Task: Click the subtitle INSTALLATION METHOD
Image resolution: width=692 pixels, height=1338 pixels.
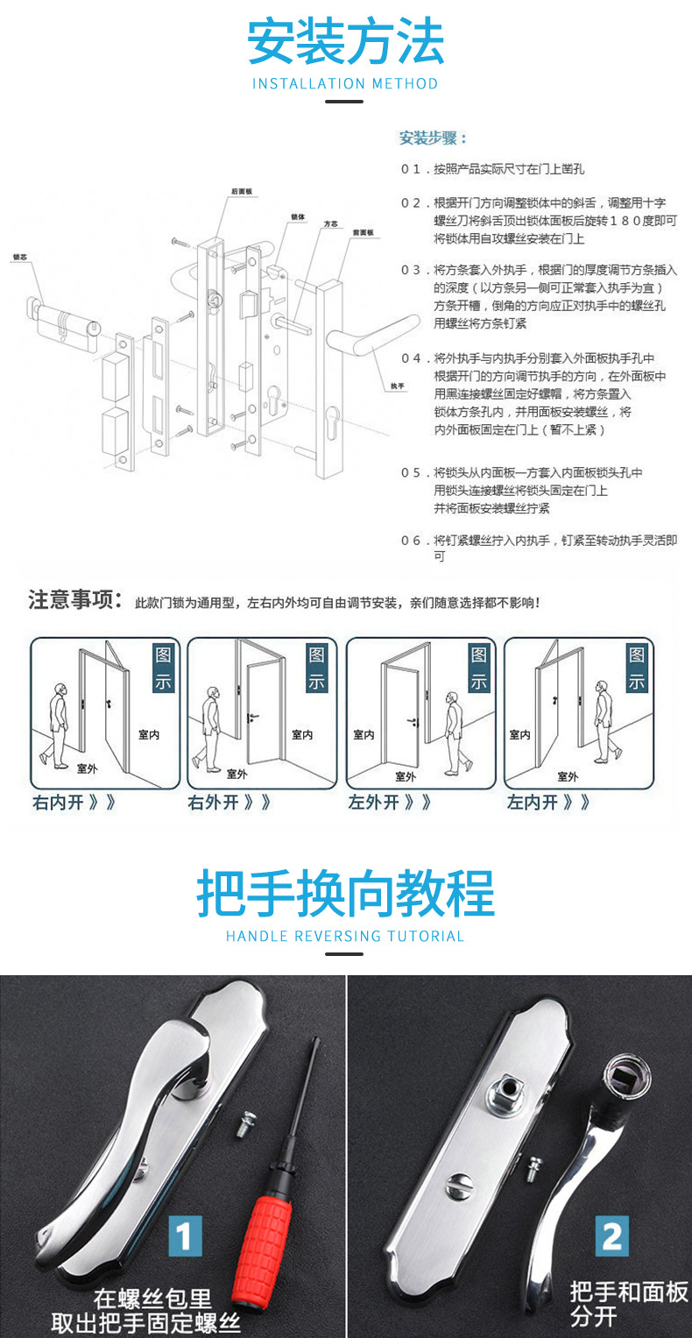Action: [x=345, y=84]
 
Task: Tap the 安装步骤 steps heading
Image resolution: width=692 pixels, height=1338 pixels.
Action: [x=433, y=138]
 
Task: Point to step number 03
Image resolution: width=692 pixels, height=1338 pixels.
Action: [x=411, y=270]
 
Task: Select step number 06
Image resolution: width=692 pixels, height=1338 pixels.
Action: [x=411, y=541]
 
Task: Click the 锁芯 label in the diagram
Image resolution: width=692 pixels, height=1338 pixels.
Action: [x=19, y=258]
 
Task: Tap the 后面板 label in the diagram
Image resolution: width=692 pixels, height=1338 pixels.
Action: [x=242, y=191]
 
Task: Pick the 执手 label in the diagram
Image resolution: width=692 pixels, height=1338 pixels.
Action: [x=397, y=386]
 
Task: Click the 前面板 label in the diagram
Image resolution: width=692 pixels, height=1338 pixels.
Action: [x=363, y=233]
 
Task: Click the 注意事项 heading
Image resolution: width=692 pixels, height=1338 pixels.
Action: [x=74, y=600]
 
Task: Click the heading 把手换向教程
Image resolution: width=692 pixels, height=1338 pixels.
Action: [x=345, y=894]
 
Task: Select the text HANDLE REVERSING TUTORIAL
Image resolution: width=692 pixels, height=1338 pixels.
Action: [x=345, y=936]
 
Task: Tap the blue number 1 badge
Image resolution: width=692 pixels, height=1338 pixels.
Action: [x=184, y=1236]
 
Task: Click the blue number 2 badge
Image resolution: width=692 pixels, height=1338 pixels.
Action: [x=611, y=1236]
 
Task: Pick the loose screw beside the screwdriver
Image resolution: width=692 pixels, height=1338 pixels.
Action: [x=244, y=1125]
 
